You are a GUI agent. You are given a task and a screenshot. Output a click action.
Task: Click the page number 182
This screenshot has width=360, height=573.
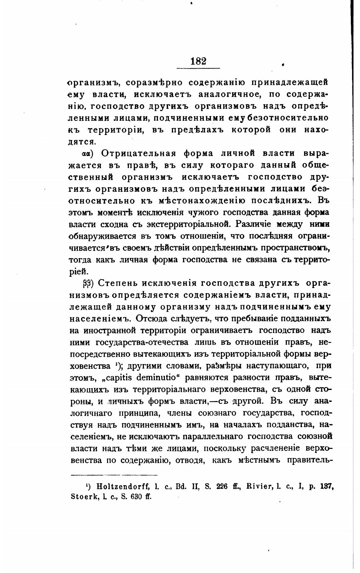point(198,61)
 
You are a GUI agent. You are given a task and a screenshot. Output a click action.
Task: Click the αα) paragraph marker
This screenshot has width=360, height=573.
point(87,154)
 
